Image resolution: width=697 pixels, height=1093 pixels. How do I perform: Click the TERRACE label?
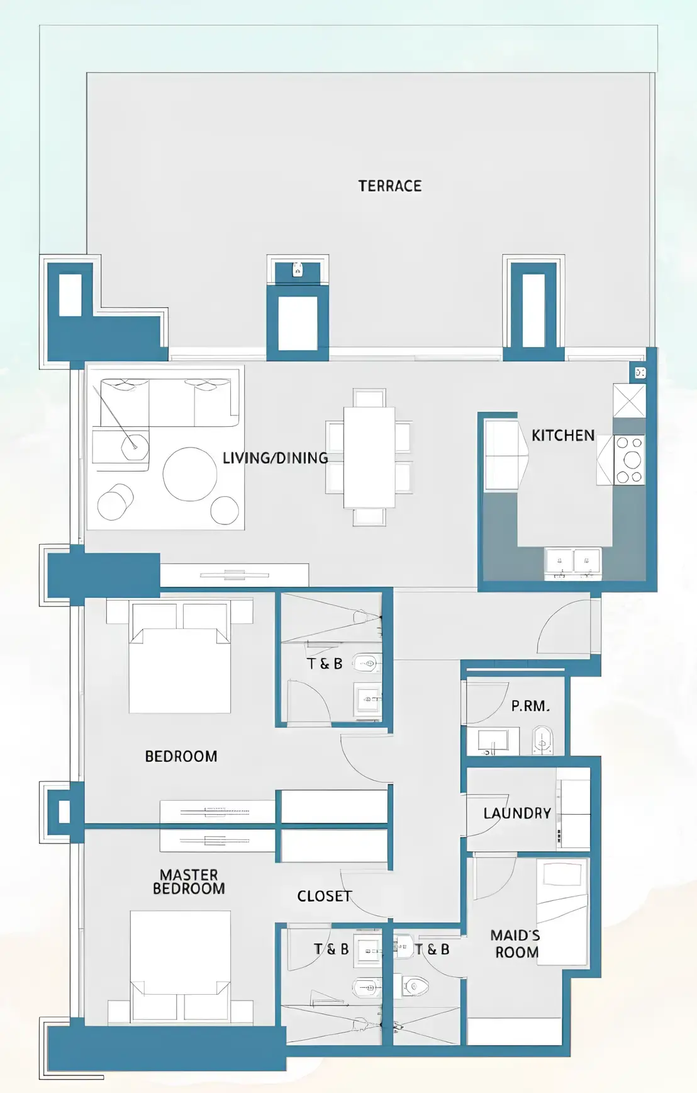390,186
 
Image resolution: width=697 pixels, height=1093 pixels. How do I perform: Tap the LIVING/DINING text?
275,458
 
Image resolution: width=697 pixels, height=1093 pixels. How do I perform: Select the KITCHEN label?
563,435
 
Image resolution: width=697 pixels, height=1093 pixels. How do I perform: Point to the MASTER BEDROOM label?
189,881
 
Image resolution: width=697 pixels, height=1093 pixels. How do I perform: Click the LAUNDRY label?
517,813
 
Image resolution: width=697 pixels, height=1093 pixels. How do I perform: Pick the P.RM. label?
530,706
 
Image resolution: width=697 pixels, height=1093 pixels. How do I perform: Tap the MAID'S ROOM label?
515,944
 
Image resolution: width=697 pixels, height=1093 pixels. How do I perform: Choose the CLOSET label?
324,896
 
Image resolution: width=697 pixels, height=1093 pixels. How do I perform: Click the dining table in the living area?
369,457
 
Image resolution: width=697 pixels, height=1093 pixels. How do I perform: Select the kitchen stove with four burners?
629,460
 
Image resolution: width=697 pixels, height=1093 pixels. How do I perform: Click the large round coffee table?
190,474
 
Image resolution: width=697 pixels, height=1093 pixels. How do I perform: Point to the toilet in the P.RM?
542,740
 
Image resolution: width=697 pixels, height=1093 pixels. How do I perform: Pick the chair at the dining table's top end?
369,398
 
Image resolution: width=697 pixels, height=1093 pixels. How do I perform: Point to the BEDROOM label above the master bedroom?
181,756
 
